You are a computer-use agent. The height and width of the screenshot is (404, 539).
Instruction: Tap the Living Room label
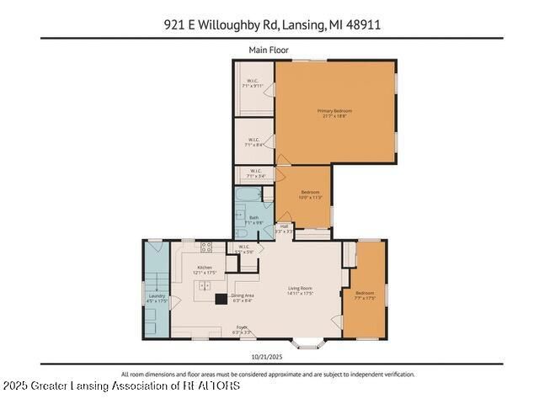[301, 291]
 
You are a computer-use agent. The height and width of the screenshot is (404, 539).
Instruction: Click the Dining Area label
[243, 297]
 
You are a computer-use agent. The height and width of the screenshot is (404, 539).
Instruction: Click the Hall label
[284, 227]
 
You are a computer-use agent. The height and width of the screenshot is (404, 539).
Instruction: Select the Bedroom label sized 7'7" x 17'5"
[364, 295]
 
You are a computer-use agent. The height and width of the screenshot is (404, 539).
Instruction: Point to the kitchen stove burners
[206, 249]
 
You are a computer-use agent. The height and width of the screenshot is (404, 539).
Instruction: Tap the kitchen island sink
[204, 287]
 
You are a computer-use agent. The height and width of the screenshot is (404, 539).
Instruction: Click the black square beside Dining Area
[221, 298]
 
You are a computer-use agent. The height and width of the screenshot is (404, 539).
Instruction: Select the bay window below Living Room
[309, 343]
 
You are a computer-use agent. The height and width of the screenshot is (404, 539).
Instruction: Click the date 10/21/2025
[269, 356]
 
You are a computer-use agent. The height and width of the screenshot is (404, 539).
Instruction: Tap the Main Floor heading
[269, 50]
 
